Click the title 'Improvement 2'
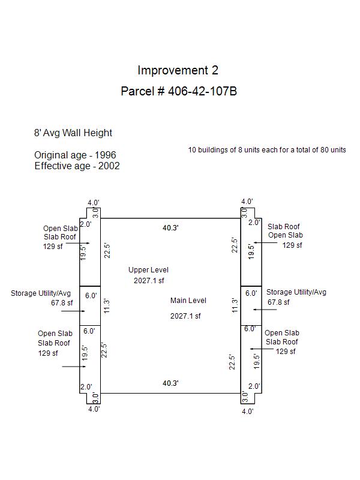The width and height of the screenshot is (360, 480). tap(178, 70)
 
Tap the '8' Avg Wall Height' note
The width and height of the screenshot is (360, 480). tap(73, 133)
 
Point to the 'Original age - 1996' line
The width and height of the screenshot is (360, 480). tap(75, 155)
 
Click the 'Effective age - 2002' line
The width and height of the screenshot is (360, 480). tap(77, 166)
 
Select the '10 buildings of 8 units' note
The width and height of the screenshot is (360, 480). tap(267, 149)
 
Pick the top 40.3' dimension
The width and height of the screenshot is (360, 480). tap(171, 227)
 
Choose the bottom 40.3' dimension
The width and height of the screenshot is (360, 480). tap(171, 383)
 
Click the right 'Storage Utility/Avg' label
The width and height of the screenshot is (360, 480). tap(296, 292)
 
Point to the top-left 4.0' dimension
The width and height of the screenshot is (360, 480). tap(94, 203)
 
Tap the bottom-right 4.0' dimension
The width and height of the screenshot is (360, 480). tap(247, 411)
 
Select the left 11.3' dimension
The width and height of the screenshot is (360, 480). tap(107, 306)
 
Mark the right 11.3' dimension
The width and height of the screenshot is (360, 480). tap(235, 305)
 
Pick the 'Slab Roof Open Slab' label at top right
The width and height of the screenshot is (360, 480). tap(284, 231)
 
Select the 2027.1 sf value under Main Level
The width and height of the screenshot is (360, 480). tap(185, 316)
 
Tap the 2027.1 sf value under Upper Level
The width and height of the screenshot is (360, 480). tap(149, 280)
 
